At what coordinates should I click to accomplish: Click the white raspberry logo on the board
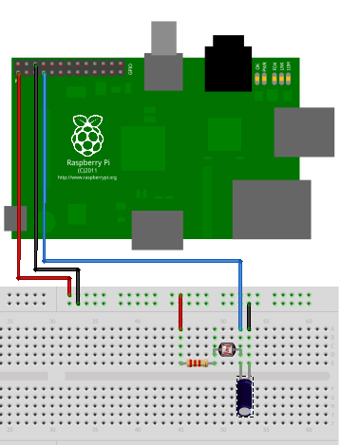click(87, 136)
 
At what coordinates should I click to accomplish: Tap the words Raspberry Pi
click(86, 162)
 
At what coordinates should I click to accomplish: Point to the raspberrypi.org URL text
click(86, 176)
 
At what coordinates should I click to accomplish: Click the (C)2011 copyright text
click(86, 170)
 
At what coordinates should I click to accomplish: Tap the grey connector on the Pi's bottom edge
click(157, 229)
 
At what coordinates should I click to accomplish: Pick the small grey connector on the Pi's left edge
click(15, 218)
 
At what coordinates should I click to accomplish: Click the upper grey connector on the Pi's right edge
click(304, 132)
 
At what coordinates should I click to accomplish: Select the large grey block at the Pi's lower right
click(272, 210)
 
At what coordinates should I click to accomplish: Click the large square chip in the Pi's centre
click(143, 148)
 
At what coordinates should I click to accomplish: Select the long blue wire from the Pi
click(142, 259)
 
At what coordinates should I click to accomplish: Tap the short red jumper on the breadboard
click(181, 312)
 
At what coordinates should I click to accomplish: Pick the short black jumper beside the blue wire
click(249, 315)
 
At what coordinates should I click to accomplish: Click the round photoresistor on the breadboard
click(227, 349)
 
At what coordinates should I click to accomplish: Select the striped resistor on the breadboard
click(198, 362)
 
